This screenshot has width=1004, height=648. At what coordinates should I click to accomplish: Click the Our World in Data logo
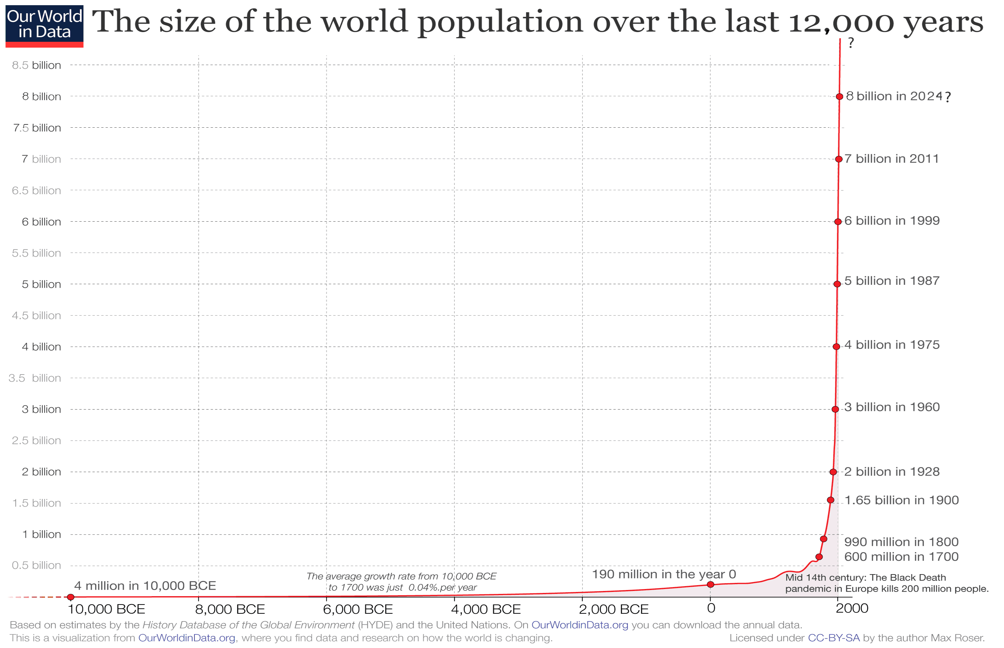point(44,26)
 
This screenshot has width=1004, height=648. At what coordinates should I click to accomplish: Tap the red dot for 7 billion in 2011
point(839,159)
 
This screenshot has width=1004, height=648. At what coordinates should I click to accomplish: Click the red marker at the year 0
point(710,584)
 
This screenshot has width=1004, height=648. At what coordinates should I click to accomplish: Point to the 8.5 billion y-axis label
point(37,65)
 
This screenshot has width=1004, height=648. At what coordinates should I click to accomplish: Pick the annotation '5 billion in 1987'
point(892,281)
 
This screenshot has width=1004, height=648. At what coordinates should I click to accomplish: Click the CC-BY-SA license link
point(833,638)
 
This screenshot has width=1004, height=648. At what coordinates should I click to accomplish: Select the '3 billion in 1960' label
point(892,407)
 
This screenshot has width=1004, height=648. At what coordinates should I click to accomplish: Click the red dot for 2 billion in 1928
point(833,472)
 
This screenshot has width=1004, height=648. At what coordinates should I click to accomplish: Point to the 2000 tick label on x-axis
point(852,608)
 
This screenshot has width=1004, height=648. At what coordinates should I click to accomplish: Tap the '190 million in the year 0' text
point(664,574)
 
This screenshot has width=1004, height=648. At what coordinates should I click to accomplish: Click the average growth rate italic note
point(402,582)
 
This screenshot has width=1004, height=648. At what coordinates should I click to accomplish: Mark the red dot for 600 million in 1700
point(819,557)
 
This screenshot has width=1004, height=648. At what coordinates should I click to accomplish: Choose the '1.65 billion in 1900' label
point(902,500)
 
